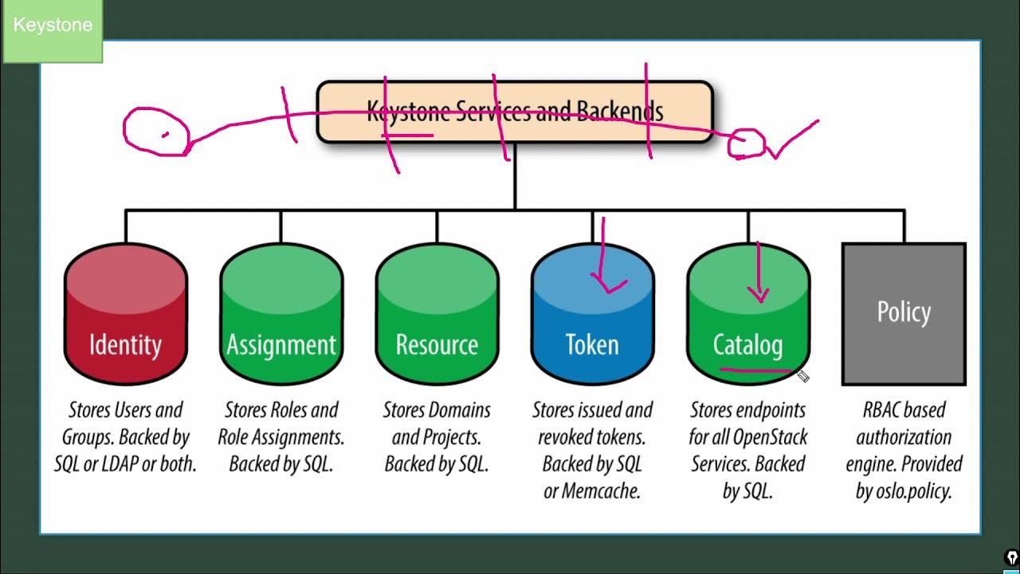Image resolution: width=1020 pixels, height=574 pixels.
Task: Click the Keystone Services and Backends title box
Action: click(x=515, y=112)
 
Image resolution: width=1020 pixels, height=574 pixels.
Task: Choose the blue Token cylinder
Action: click(x=592, y=319)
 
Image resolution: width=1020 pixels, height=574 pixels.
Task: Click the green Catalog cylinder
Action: click(x=747, y=319)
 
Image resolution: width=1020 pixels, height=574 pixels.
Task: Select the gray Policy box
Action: click(x=904, y=314)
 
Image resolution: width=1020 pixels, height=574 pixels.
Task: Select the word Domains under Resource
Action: click(x=460, y=410)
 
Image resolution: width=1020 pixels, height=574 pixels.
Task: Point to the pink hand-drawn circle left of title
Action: click(x=156, y=132)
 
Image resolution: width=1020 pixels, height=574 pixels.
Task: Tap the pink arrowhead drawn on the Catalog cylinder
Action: click(x=759, y=296)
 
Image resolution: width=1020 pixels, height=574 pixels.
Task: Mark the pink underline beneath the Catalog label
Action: click(x=755, y=370)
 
